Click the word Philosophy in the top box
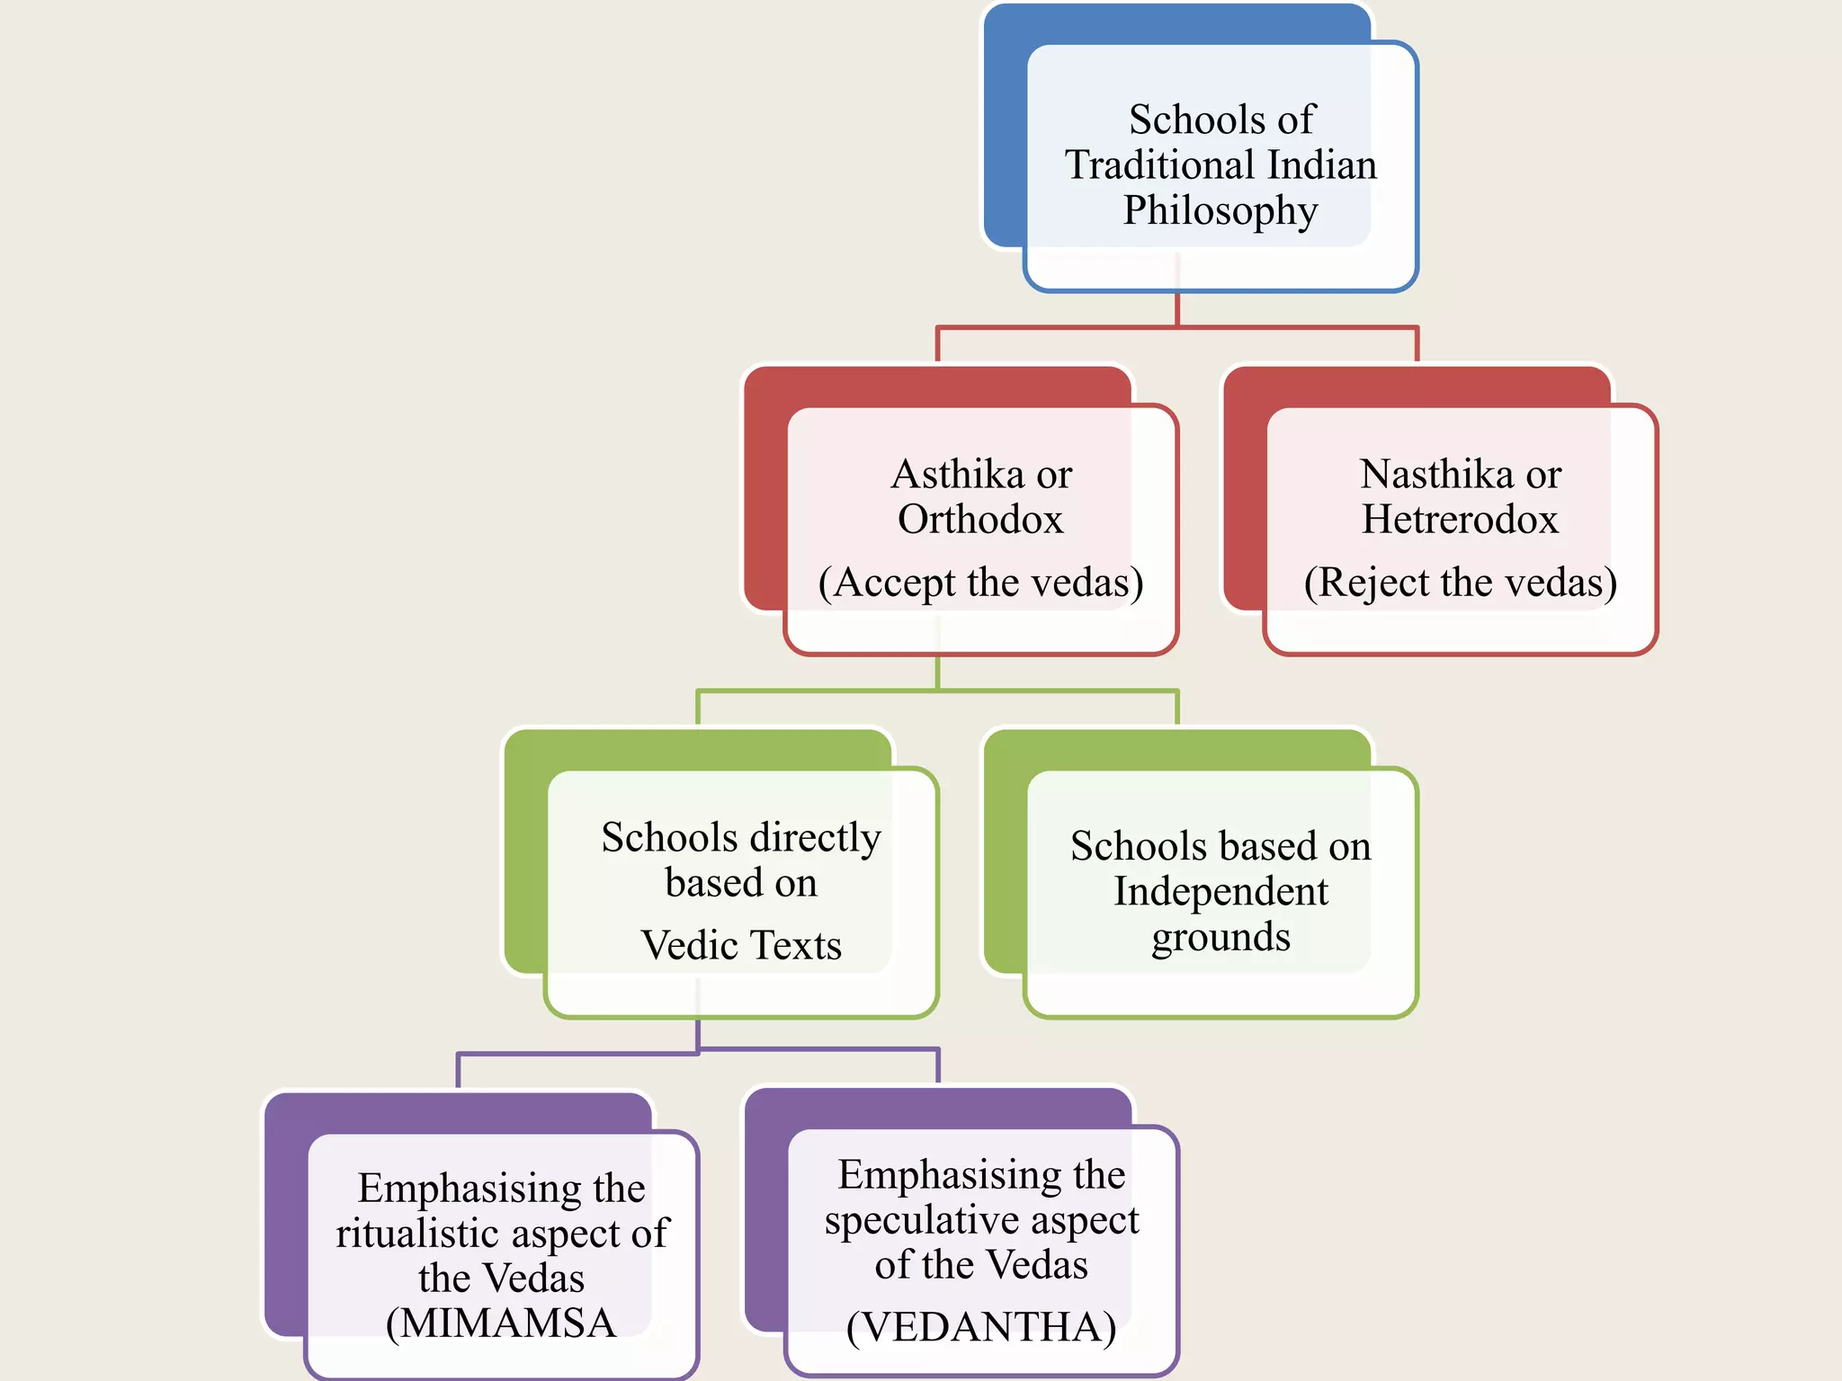pos(1221,211)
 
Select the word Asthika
pos(956,475)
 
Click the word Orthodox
pos(980,520)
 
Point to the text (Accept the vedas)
pos(980,583)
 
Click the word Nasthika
pos(1435,475)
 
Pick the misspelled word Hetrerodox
pos(1460,520)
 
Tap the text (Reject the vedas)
pos(1461,583)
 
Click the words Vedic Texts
pos(741,946)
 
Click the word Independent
pos(1221,892)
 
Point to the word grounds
pos(1221,938)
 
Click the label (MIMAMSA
pos(501,1323)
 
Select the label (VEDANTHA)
pos(981,1328)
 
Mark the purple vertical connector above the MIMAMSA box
pos(459,1071)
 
